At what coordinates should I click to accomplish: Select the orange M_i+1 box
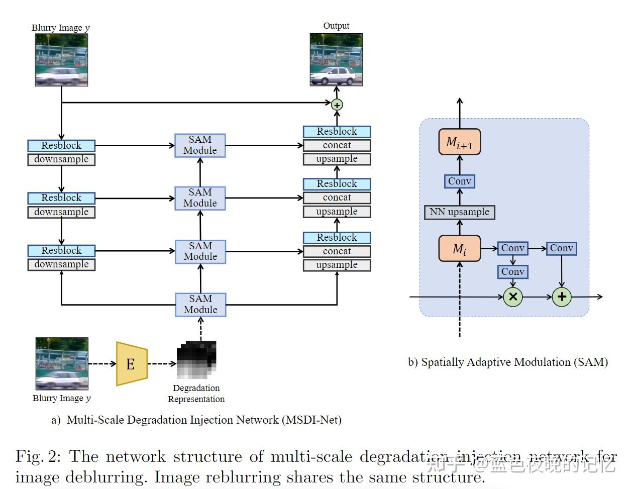pos(459,142)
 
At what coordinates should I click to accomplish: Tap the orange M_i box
pos(459,249)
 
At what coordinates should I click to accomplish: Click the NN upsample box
pos(459,212)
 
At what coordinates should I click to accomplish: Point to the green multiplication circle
pos(512,297)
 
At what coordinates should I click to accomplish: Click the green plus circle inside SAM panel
pos(562,297)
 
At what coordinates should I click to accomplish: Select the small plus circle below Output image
pos(337,105)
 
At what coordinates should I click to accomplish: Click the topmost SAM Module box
pos(200,145)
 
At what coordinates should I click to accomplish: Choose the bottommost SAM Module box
pos(200,305)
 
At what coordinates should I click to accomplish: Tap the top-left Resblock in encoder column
pos(61,146)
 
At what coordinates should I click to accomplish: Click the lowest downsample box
pos(61,264)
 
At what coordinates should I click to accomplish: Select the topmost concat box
pos(337,145)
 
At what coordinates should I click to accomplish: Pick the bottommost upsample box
pos(337,265)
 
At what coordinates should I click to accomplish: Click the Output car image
pos(336,60)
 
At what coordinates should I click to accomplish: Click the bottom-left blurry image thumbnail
pos(62,364)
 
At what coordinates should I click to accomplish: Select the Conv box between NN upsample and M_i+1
pos(459,181)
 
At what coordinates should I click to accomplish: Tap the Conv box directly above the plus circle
pos(561,248)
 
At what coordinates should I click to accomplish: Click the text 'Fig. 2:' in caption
pos(38,457)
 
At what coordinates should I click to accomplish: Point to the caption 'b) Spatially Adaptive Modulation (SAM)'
pos(507,362)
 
